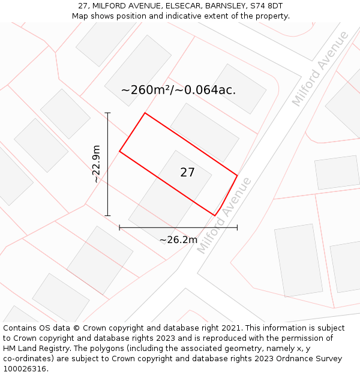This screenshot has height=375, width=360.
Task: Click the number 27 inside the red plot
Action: pos(187,173)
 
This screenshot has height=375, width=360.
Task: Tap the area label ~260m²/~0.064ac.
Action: pos(178,91)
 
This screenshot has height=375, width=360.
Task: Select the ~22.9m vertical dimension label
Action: pos(96,164)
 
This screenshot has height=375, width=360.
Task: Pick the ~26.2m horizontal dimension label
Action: pos(178,240)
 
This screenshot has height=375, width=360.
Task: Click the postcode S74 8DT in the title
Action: pos(266,6)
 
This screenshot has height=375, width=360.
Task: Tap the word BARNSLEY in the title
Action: pos(227,6)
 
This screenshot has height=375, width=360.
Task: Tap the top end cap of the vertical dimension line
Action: pos(107,113)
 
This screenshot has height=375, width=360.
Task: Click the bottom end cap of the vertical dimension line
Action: pos(107,215)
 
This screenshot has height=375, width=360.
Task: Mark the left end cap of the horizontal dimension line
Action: pos(119,227)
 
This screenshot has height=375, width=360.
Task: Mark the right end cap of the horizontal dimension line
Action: pos(237,227)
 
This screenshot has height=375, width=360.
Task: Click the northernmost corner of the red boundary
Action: pos(145,113)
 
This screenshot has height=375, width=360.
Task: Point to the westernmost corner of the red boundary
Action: pos(119,151)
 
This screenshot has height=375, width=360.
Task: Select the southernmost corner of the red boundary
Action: pos(215,215)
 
